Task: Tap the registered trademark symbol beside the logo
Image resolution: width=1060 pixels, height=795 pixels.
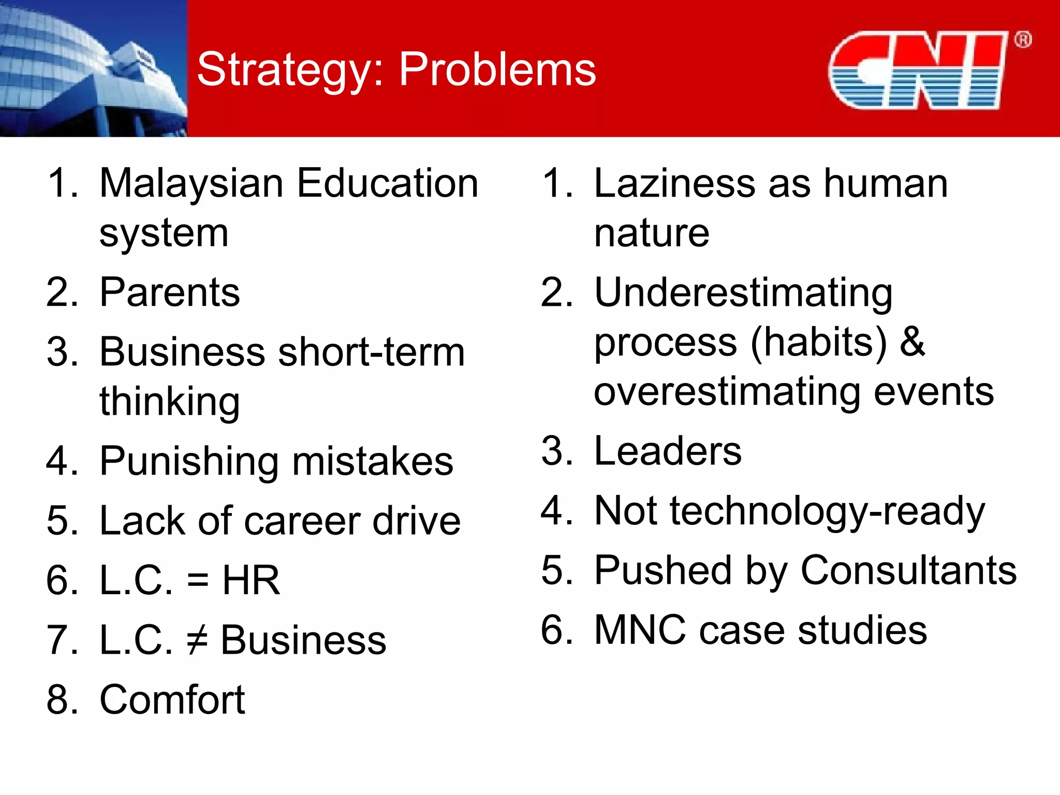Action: (x=1023, y=40)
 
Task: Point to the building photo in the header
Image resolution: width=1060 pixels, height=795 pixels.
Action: (x=93, y=68)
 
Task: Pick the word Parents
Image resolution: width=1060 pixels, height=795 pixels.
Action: (x=170, y=292)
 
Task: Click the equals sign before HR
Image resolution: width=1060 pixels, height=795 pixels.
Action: (x=198, y=581)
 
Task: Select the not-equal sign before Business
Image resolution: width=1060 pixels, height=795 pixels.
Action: (x=197, y=640)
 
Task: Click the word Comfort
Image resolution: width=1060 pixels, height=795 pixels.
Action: (x=172, y=700)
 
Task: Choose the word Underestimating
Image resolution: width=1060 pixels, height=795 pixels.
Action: (x=743, y=293)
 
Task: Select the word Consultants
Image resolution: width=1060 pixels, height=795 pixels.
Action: (x=908, y=570)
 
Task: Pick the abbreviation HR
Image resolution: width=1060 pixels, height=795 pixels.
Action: (x=251, y=581)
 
